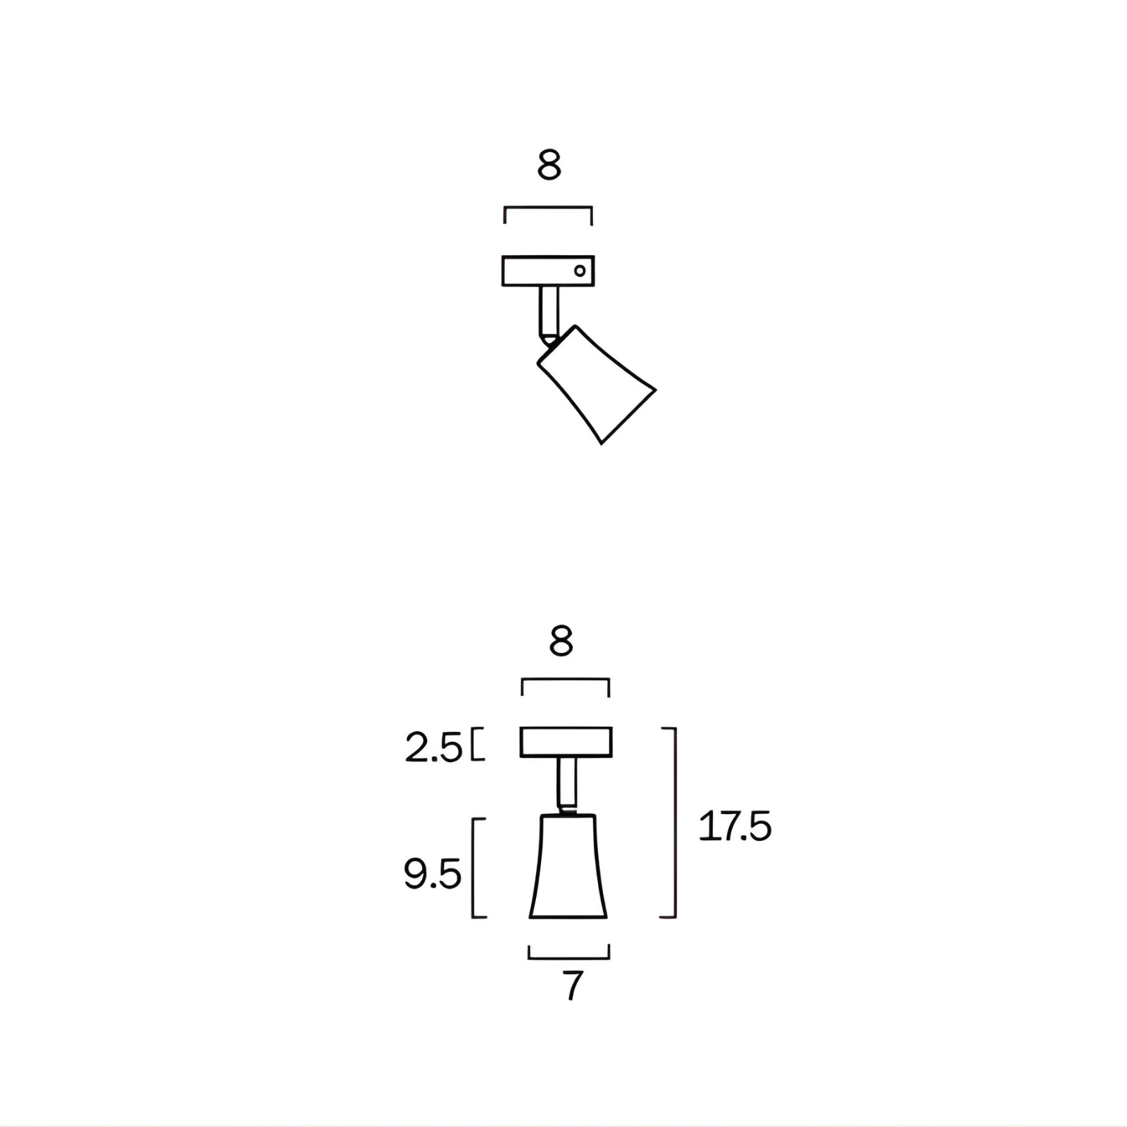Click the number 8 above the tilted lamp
pyautogui.click(x=549, y=166)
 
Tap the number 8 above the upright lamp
pyautogui.click(x=561, y=642)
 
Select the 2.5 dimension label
pyautogui.click(x=433, y=748)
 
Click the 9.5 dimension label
pyautogui.click(x=432, y=874)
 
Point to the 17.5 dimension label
pyautogui.click(x=735, y=826)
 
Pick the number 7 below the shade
pyautogui.click(x=573, y=987)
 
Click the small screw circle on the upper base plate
pyautogui.click(x=580, y=270)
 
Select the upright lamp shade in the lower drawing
pyautogui.click(x=568, y=868)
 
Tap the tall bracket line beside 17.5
pyautogui.click(x=675, y=823)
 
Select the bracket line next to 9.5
pyautogui.click(x=473, y=868)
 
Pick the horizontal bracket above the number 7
pyautogui.click(x=568, y=957)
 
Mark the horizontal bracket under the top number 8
pyautogui.click(x=548, y=207)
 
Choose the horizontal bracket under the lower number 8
pyautogui.click(x=565, y=679)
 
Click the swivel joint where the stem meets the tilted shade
pyautogui.click(x=549, y=339)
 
